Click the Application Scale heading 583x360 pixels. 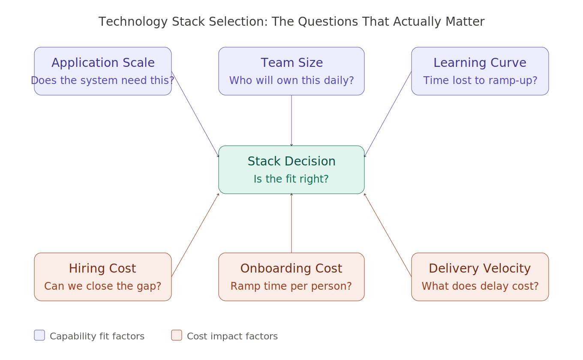(103, 63)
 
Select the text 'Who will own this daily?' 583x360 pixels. (291, 81)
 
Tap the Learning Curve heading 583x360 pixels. (480, 63)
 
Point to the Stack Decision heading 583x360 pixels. (291, 162)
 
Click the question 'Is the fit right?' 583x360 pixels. (291, 179)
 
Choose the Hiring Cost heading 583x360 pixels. (102, 269)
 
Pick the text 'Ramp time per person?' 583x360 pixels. (291, 286)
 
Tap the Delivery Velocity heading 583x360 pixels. (480, 269)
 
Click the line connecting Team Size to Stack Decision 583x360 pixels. (291, 120)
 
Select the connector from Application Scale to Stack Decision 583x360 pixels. (195, 114)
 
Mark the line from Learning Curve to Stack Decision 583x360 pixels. (388, 114)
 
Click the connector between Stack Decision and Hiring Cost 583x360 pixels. (195, 235)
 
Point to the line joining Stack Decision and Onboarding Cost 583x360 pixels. (291, 223)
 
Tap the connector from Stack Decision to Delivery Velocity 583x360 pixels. (388, 235)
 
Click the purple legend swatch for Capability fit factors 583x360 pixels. (39, 335)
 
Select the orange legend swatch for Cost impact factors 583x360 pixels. (177, 335)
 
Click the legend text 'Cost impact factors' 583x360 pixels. (232, 336)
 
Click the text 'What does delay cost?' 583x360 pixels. (480, 286)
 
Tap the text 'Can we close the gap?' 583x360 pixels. (103, 286)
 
